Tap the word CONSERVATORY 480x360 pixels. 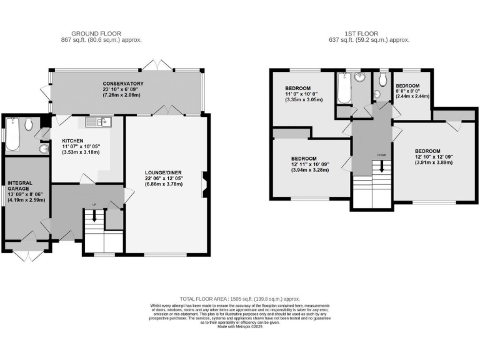(123, 84)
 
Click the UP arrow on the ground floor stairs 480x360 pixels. (94, 217)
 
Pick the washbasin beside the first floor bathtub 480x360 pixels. (359, 79)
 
